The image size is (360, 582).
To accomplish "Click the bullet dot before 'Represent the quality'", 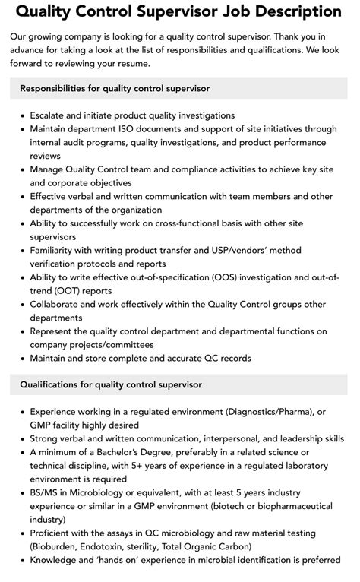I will click(22, 331).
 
